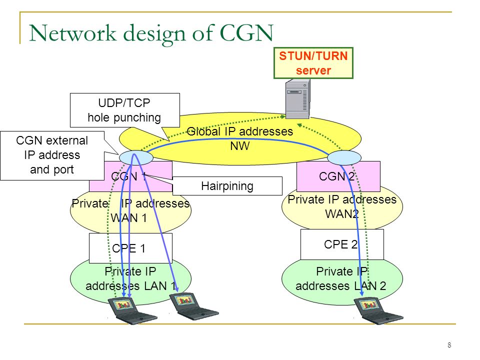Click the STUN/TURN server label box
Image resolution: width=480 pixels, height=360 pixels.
(x=313, y=63)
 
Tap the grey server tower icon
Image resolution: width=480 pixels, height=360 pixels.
(x=297, y=98)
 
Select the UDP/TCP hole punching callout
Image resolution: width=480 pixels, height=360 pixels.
(x=125, y=110)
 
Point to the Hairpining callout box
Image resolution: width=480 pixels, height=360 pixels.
(x=227, y=186)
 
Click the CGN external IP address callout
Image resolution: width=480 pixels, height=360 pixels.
(x=52, y=155)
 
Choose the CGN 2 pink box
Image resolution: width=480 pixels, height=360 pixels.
(x=338, y=176)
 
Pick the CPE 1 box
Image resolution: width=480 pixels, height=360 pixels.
(x=130, y=248)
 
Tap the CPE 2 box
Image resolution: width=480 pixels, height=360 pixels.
(x=342, y=244)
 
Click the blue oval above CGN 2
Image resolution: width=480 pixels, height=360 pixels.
(x=344, y=158)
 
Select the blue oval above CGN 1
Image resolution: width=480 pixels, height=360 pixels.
(x=136, y=158)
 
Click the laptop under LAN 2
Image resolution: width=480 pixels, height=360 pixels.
(x=378, y=310)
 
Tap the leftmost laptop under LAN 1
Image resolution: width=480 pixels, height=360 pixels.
(x=132, y=310)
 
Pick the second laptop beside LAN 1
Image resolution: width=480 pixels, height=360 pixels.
(x=194, y=306)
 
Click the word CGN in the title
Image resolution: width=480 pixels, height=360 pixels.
(x=246, y=33)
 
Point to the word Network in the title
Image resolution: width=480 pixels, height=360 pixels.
(x=73, y=33)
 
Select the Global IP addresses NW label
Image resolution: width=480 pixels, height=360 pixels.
(x=239, y=138)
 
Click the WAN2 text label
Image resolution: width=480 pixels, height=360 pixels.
(x=342, y=213)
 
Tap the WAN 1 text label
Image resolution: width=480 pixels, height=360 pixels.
(x=129, y=218)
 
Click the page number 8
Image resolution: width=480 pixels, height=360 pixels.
(x=449, y=345)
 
